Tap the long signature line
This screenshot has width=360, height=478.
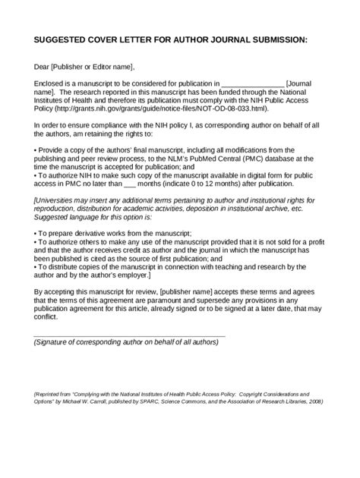coord(129,335)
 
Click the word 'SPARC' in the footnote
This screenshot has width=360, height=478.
coord(209,402)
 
